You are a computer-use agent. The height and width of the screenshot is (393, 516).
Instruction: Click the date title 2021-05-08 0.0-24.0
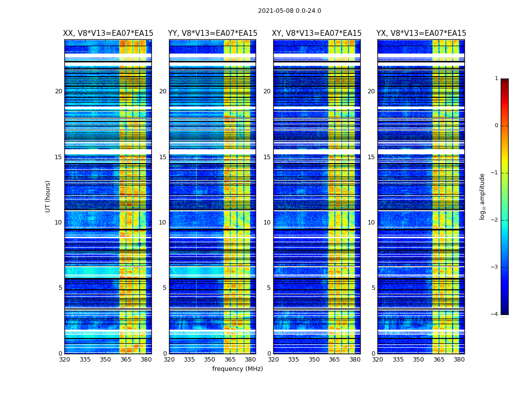pos(289,11)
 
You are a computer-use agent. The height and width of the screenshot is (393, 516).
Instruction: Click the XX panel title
pos(108,33)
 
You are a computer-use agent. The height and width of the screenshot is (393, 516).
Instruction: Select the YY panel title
pos(212,33)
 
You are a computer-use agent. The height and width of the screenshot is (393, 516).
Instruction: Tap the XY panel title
pos(316,33)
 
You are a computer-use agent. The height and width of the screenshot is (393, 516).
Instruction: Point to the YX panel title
pos(421,33)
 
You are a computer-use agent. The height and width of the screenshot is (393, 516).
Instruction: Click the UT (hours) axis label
pos(48,196)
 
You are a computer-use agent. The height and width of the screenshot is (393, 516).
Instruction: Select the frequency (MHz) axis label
pos(237,369)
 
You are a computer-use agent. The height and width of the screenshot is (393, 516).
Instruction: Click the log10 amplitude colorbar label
pos(483,196)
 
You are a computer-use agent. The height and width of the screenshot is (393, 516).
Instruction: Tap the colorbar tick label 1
pos(496,79)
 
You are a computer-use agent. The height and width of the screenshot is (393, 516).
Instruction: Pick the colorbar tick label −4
pos(495,314)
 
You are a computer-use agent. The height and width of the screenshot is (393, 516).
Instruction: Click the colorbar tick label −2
pos(495,220)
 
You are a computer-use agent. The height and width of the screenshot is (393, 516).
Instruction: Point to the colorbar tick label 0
pos(496,126)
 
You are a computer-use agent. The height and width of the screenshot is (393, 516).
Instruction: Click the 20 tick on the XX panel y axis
pos(58,91)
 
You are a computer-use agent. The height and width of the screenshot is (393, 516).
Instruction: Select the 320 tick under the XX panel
pos(64,360)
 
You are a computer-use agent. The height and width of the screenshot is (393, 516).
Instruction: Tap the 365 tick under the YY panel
pos(230,360)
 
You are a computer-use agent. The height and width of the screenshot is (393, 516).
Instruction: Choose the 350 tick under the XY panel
pos(314,360)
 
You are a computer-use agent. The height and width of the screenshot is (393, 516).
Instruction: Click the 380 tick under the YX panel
pos(459,360)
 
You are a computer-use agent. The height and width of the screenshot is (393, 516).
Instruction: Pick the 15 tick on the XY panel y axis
pos(267,157)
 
